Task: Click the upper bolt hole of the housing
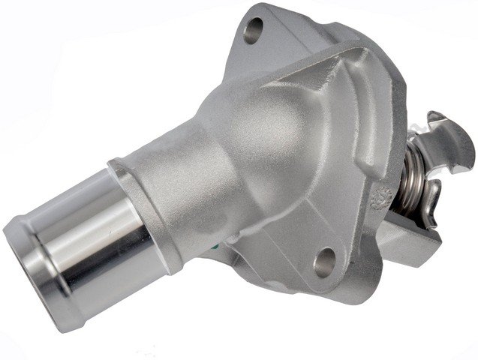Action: pos(254,30)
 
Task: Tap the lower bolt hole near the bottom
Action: pos(325,261)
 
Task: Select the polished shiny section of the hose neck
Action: pos(83,225)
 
